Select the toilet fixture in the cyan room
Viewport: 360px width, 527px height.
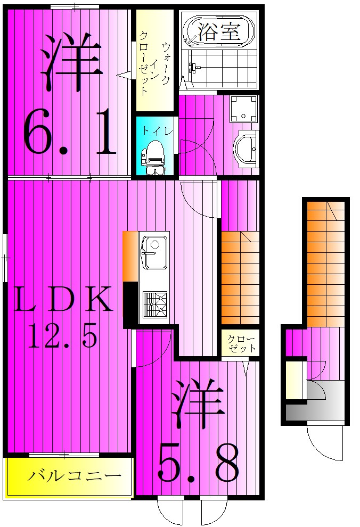click(x=154, y=155)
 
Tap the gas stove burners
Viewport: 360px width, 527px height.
click(x=154, y=305)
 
